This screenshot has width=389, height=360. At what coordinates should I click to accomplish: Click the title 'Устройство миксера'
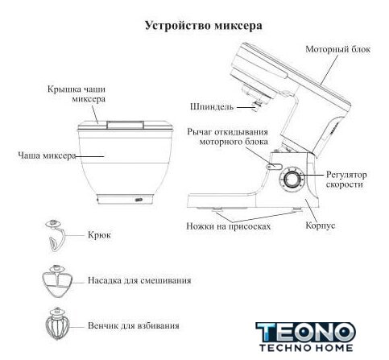click(x=204, y=27)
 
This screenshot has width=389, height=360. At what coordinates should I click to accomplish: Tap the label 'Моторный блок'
click(x=338, y=49)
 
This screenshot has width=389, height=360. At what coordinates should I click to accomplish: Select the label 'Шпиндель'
click(x=212, y=107)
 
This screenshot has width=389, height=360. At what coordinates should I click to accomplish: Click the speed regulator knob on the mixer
click(x=292, y=180)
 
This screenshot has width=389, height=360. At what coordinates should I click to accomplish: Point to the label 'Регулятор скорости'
click(x=346, y=180)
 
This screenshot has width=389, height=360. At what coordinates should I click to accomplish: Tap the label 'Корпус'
click(x=321, y=226)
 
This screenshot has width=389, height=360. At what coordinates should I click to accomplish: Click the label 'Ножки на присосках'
click(x=229, y=226)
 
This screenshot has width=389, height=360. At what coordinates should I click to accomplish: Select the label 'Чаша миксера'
click(x=47, y=155)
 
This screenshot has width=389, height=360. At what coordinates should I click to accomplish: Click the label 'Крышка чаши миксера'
click(x=77, y=94)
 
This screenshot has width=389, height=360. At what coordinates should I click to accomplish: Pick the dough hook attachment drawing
click(x=55, y=235)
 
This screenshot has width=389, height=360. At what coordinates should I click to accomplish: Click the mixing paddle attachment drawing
click(x=57, y=281)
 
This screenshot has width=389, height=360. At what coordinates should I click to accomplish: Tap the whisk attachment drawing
click(x=57, y=324)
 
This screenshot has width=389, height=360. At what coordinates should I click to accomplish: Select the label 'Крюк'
click(x=99, y=235)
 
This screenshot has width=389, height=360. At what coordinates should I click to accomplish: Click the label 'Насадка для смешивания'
click(x=139, y=280)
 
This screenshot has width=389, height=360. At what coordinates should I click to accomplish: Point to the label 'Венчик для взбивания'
click(x=134, y=325)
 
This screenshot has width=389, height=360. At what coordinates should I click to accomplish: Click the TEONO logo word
click(x=306, y=333)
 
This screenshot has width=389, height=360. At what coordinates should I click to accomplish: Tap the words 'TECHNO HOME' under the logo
click(x=306, y=348)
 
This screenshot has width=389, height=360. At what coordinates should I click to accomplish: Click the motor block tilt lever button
click(x=274, y=167)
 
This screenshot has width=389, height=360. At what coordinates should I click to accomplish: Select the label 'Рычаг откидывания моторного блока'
click(x=228, y=137)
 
